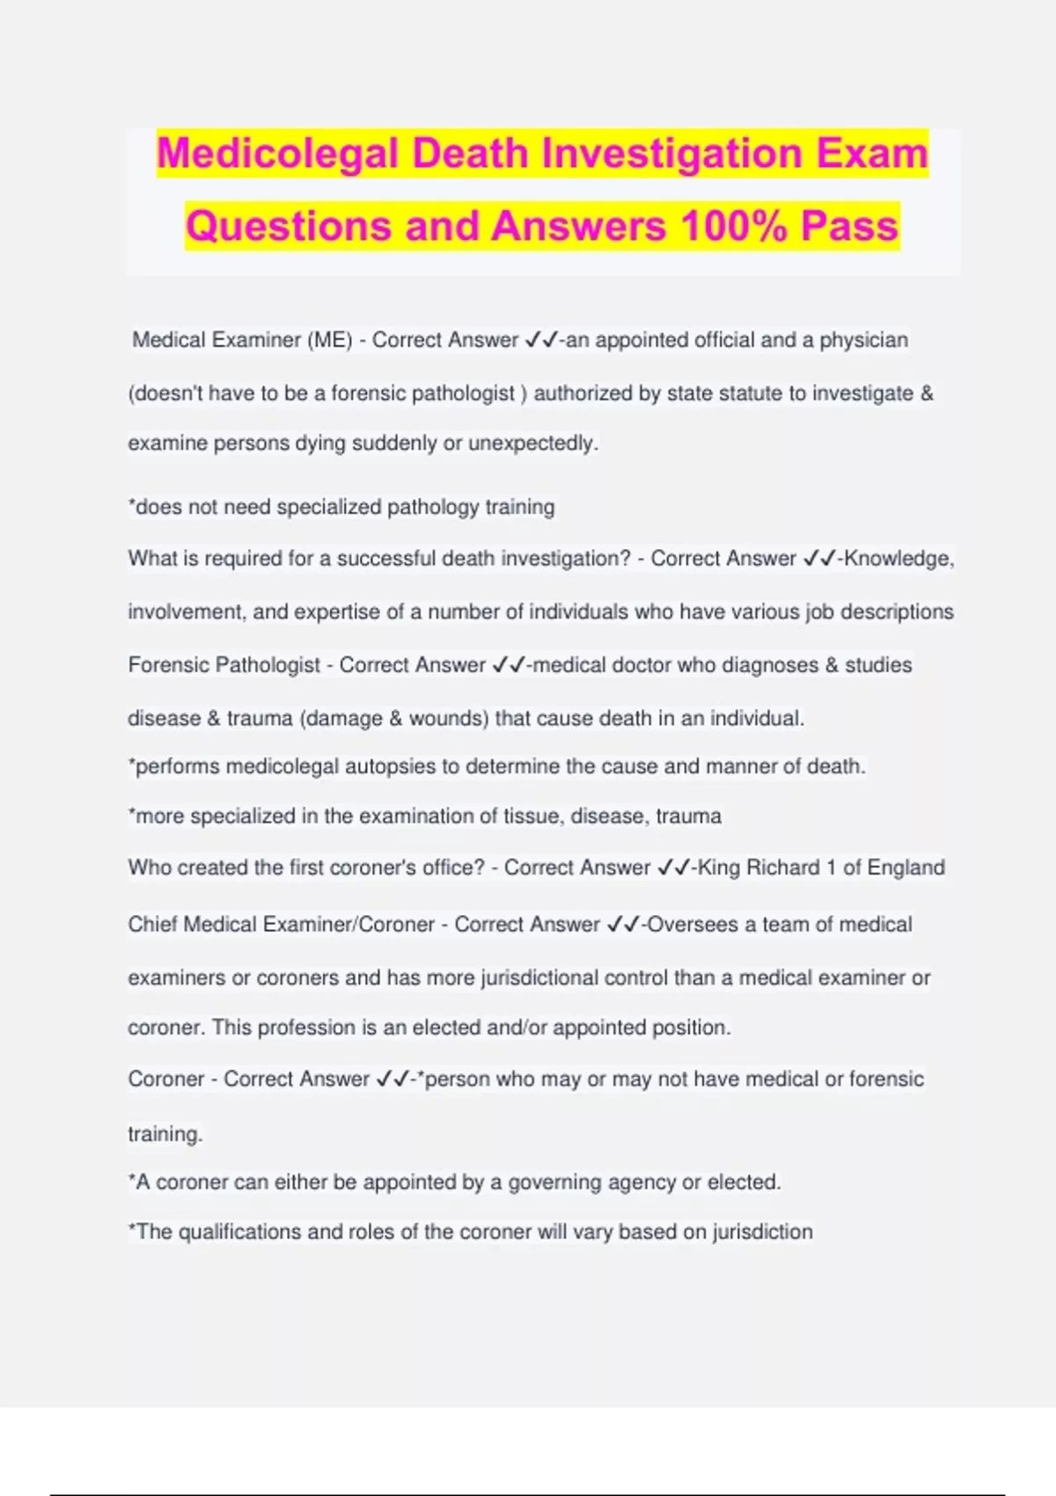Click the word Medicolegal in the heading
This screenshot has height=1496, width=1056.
tap(278, 154)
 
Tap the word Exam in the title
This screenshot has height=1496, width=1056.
tap(872, 154)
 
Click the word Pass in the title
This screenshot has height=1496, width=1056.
tap(849, 226)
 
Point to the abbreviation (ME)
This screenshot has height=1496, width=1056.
tap(330, 341)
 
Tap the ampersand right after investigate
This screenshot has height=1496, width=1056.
tap(926, 393)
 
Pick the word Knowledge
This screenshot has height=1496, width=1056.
tap(898, 559)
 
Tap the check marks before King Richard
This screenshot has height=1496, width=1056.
tap(673, 868)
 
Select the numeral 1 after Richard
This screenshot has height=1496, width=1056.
tap(830, 868)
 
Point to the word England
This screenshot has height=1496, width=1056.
tap(906, 868)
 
